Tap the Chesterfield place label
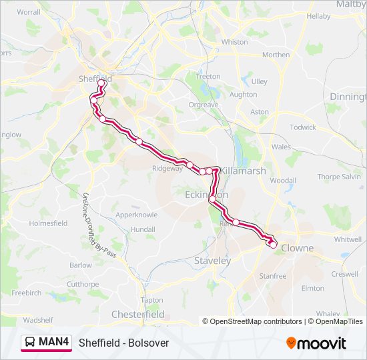137,314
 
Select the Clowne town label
297,248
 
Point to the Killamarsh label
244,171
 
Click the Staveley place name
212,261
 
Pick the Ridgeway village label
167,169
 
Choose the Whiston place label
234,41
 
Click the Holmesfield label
48,223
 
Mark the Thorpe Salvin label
338,177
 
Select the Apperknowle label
136,215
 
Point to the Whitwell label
348,239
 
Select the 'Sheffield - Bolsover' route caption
124,343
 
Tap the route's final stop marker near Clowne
273,245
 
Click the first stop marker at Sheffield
102,84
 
